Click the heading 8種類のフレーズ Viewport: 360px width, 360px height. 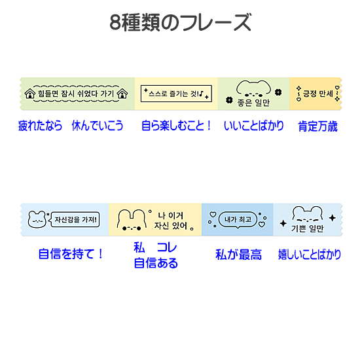(x=181, y=22)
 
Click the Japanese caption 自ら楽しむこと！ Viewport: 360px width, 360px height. (x=176, y=126)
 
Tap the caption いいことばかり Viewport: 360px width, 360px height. (x=254, y=126)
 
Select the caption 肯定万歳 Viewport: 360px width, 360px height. (x=317, y=126)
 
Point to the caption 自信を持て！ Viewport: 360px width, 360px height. (x=71, y=254)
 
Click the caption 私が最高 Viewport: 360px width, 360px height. (x=238, y=255)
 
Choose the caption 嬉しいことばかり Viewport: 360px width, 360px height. (x=310, y=255)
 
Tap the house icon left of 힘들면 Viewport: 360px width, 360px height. (x=30, y=94)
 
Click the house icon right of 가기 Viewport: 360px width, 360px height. (x=122, y=94)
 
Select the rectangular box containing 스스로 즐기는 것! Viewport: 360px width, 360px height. (x=176, y=94)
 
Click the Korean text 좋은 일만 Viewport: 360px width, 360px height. (x=253, y=103)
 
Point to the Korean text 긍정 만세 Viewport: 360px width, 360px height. (x=318, y=94)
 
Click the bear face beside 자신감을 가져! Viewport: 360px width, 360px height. (x=37, y=219)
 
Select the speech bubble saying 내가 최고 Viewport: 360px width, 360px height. (x=238, y=220)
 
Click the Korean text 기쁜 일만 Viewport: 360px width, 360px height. (x=307, y=228)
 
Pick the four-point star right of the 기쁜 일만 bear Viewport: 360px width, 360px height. (x=333, y=218)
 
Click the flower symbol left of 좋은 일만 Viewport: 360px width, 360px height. (x=229, y=100)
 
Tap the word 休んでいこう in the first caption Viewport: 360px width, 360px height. (x=98, y=126)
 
